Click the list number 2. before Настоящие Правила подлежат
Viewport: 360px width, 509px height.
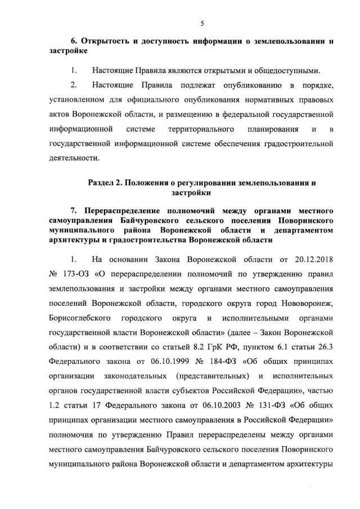pyautogui.click(x=73, y=85)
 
